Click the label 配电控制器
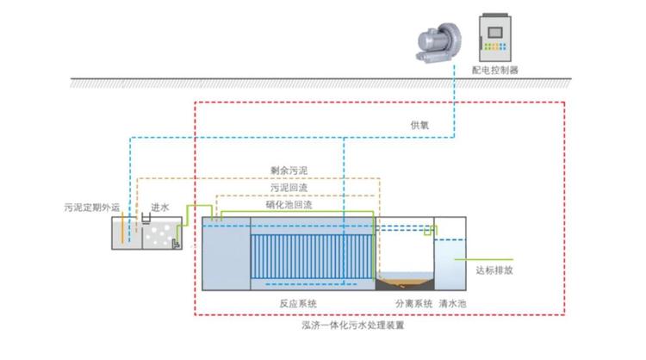click(495, 69)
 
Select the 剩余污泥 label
click(284, 171)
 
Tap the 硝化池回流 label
click(289, 205)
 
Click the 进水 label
click(160, 208)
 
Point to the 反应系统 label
click(298, 304)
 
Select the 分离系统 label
click(413, 304)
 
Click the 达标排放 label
click(494, 269)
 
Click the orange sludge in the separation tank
click(406, 280)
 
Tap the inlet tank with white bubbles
click(160, 233)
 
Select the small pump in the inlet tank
click(176, 245)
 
